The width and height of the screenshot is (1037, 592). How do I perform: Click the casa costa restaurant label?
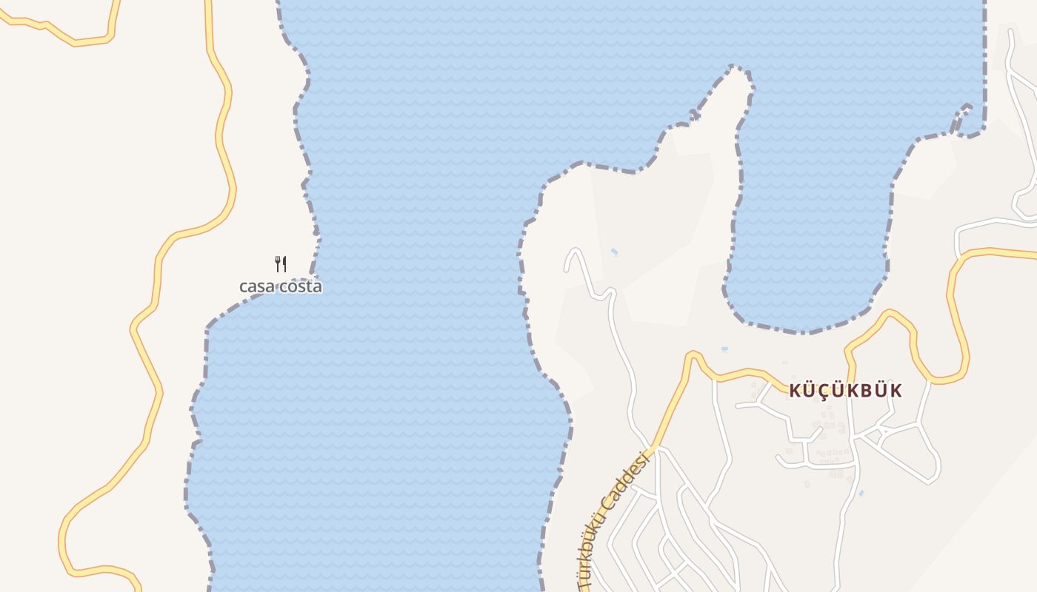[x=280, y=286]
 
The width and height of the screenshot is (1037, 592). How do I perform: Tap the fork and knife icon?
[x=281, y=263]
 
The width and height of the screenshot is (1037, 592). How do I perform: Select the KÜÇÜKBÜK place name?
[x=845, y=391]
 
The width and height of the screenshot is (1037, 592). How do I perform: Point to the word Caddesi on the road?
[x=627, y=483]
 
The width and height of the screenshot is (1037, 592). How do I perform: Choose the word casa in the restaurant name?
[x=256, y=286]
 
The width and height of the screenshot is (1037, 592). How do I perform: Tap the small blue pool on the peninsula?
[x=614, y=252]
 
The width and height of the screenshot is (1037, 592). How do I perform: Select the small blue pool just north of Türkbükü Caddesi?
[x=724, y=349]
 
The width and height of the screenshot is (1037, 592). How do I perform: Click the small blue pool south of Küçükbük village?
[x=861, y=492]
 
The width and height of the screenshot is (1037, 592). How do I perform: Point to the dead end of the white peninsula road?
[x=567, y=268]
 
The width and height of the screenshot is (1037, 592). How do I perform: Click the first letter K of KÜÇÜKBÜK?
[x=795, y=391]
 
